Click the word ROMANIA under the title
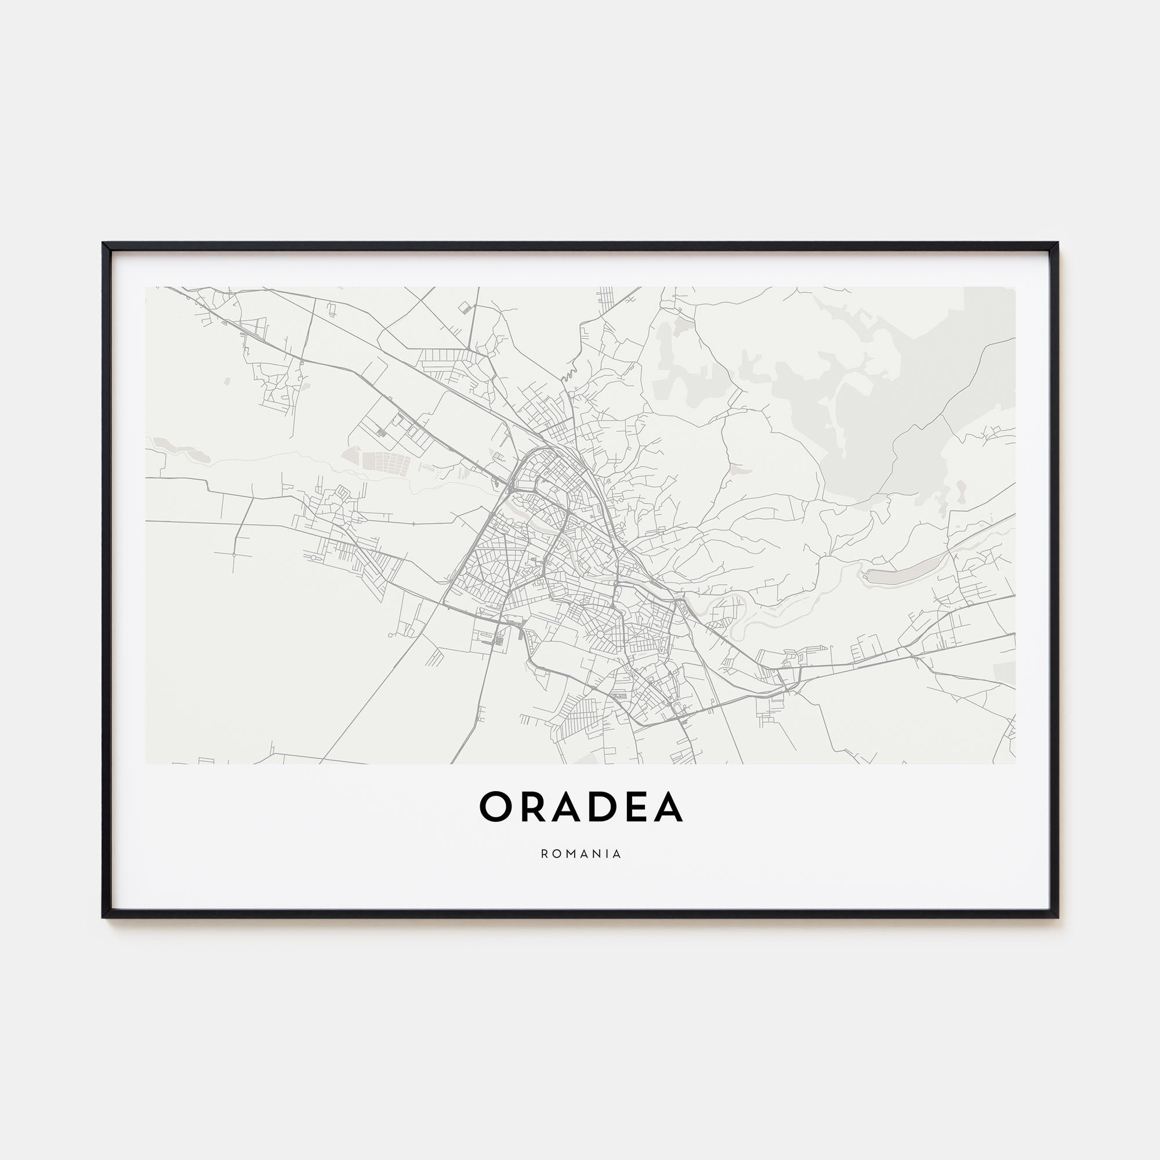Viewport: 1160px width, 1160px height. tap(581, 854)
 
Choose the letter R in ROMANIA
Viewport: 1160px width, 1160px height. tap(543, 854)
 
